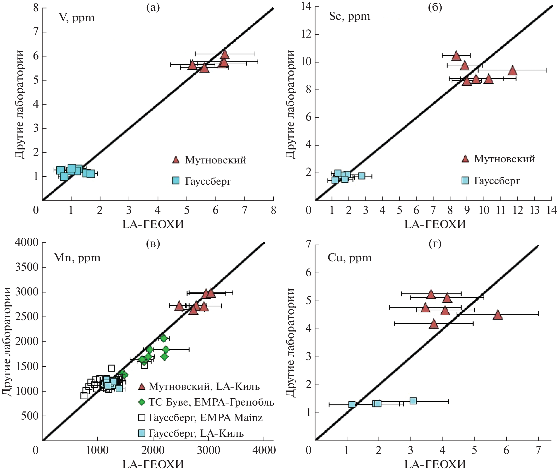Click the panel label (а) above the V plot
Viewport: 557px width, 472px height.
point(153,8)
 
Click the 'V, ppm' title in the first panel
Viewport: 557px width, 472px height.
point(77,18)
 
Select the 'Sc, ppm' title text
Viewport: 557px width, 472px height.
point(349,16)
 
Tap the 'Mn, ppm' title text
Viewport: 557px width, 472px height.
point(77,258)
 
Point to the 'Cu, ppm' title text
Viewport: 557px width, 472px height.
point(350,258)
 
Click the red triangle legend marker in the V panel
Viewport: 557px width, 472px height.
point(176,160)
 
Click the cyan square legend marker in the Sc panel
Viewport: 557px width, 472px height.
point(465,181)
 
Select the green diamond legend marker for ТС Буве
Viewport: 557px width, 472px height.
point(142,402)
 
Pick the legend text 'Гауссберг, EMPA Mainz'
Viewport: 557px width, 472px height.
point(205,418)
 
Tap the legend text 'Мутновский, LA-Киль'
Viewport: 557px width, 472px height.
point(204,386)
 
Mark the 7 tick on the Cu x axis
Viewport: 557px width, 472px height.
point(538,450)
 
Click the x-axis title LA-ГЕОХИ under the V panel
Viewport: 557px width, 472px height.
point(153,224)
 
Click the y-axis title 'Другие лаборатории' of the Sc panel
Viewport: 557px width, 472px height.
point(290,104)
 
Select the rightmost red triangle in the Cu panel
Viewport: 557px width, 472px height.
point(498,315)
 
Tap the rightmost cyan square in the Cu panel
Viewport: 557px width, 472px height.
point(413,401)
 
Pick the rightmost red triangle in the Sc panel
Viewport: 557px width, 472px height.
point(512,70)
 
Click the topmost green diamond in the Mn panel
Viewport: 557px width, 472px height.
point(163,338)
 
